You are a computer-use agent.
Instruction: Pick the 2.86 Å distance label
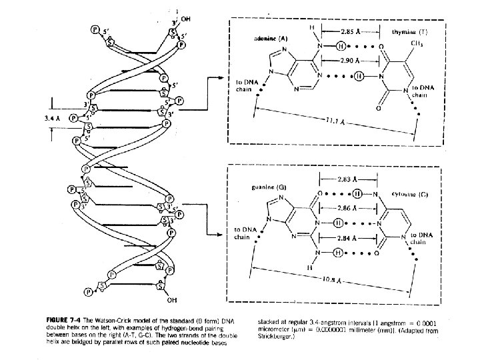(x=347, y=208)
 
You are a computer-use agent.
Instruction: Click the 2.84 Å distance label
(x=347, y=238)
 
